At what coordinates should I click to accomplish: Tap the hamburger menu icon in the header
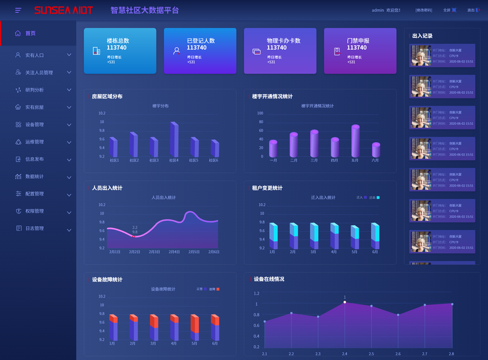pos(18,10)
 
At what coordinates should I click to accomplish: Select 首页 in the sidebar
pos(30,34)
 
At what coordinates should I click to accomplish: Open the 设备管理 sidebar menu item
pos(34,125)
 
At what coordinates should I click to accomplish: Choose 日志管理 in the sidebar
pos(34,229)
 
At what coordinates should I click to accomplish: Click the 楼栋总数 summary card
pos(120,51)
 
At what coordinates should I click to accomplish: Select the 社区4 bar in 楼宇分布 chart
pos(174,140)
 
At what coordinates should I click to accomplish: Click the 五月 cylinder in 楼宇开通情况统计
pos(355,142)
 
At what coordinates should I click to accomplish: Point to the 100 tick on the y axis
pos(260,113)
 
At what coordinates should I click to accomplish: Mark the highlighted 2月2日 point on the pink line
pos(134,236)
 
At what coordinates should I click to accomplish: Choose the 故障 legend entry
pos(214,289)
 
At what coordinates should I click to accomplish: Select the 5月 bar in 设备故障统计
pos(194,327)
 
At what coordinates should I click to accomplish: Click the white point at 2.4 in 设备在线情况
pos(345,302)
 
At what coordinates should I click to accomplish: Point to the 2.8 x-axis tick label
pos(451,354)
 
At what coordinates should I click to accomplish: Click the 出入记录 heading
pos(422,36)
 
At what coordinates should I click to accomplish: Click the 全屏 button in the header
pos(449,10)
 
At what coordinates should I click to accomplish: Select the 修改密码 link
pos(423,10)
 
